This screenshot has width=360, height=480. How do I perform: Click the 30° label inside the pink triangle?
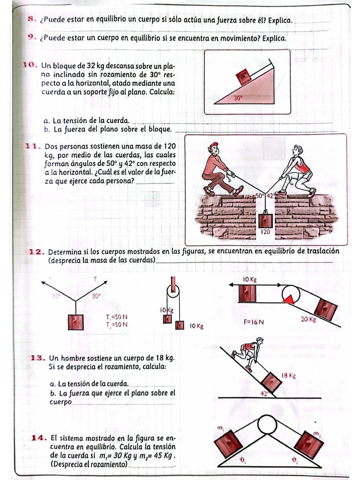coord(239,98)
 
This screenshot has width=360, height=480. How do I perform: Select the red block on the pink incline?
coord(244,75)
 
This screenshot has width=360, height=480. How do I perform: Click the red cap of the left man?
coord(213,145)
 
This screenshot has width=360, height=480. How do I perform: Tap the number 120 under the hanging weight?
coord(265,232)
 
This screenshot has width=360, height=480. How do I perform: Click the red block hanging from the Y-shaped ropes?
coord(75,322)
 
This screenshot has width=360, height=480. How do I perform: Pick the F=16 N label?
coord(254,322)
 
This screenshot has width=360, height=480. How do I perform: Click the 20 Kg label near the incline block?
coord(308,320)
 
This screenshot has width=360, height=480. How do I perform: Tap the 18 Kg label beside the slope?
coord(289,375)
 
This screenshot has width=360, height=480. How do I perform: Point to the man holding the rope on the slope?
coord(248,352)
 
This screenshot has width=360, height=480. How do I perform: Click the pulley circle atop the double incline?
coord(267,425)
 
